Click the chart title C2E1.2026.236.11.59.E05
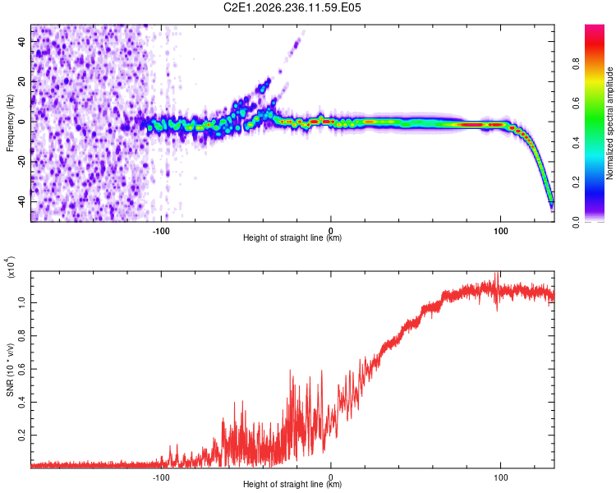292,7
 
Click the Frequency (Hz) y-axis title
10,123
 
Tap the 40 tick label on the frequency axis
21,41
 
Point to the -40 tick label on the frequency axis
21,203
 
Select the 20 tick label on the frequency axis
21,81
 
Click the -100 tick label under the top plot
161,231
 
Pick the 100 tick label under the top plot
500,231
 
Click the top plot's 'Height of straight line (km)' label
292,237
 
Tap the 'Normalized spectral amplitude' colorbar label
609,123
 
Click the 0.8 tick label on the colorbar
576,63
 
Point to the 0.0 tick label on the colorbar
576,223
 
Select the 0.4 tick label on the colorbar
576,143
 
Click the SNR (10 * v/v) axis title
10,370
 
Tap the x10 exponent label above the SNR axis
10,267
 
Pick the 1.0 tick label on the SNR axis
21,302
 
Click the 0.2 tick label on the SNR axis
21,435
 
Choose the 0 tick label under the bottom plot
331,477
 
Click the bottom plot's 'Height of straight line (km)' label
292,484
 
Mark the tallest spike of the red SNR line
498,273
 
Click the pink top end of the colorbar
595,26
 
